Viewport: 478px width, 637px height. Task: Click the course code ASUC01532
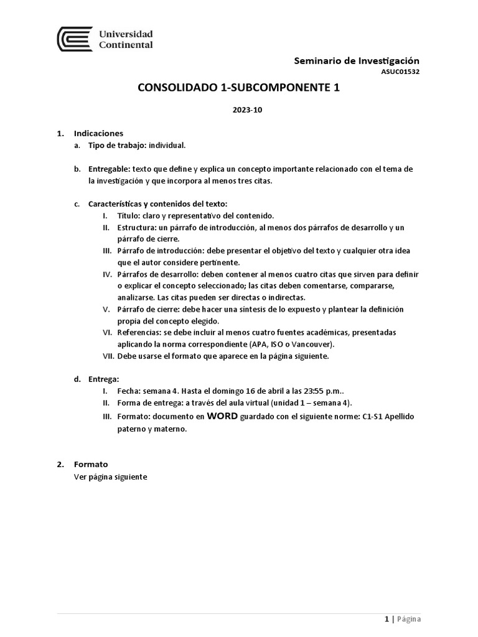400,72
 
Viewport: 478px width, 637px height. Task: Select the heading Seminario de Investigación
356,60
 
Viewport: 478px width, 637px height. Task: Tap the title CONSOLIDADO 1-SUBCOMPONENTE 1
238,88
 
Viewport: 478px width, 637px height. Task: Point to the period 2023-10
238,110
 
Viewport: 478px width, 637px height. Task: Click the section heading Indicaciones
98,133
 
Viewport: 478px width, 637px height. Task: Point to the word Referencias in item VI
138,332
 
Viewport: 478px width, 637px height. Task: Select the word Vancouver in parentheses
311,344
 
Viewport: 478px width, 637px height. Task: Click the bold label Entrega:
104,379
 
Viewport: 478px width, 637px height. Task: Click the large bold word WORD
222,416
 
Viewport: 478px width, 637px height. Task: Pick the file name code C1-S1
373,416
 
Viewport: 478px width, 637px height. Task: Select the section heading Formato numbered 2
91,464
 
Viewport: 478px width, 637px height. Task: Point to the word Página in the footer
409,620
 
